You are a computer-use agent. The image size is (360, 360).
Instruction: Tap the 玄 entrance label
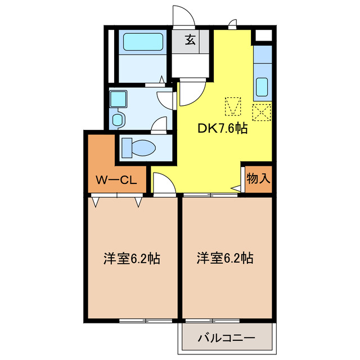click(191, 40)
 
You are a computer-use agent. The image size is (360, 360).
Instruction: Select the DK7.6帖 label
click(222, 128)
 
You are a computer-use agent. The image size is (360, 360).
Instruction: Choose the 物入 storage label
click(259, 179)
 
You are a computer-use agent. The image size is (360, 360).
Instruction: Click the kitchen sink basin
click(263, 87)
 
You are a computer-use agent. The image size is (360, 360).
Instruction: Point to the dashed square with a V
click(233, 105)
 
